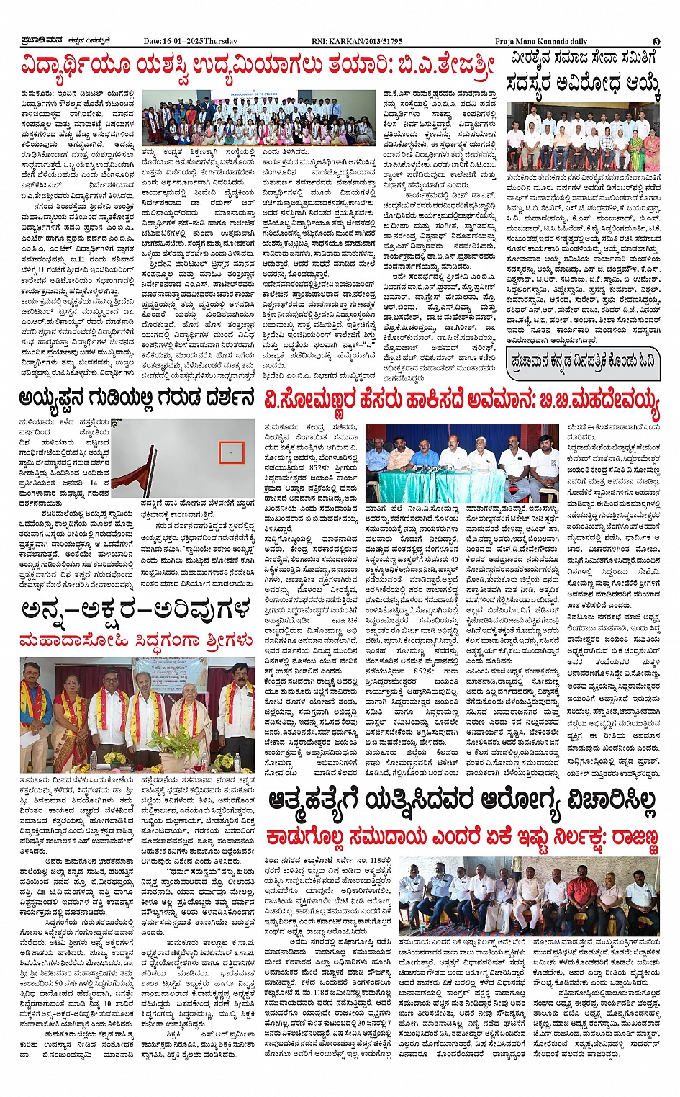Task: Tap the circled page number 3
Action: tap(656, 41)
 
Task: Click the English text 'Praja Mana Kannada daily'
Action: tap(540, 41)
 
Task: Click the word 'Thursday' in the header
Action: tap(219, 41)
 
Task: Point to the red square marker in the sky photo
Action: tap(231, 453)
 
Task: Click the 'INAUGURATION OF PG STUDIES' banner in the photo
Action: tap(199, 97)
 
